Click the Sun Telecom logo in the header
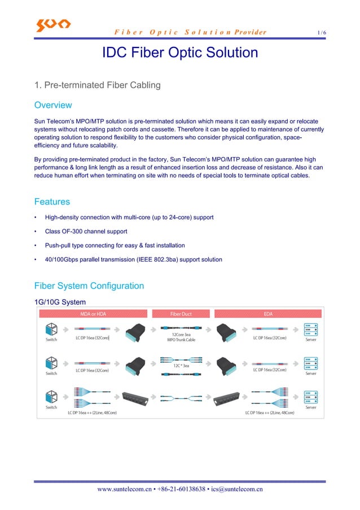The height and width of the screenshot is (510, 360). coord(53,25)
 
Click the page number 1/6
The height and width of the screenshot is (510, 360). coord(321,33)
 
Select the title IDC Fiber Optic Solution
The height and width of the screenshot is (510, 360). coord(179,53)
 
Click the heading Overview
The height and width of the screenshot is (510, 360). coord(53,105)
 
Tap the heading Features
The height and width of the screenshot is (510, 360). coord(52,202)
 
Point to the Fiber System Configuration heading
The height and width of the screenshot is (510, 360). coord(89,286)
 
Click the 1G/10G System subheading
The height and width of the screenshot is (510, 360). coord(60,302)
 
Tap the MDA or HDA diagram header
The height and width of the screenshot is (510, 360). coord(93,313)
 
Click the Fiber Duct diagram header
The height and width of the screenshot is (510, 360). coord(181,313)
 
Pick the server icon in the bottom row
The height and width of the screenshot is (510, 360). coord(310,395)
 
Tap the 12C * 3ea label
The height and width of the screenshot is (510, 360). coord(181,365)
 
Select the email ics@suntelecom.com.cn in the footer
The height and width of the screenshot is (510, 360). coord(236,489)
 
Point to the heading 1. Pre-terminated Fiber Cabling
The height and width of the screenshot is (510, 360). coord(97,85)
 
